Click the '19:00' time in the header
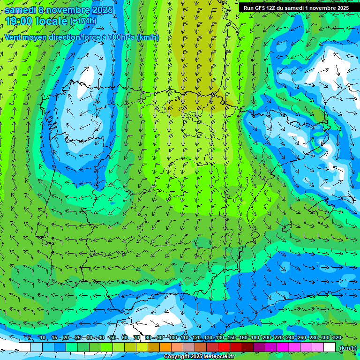tap(19, 22)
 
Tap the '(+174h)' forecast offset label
tap(83, 21)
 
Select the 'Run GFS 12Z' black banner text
tap(262, 8)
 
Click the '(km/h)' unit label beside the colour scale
tap(347, 348)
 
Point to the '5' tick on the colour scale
tap(30, 338)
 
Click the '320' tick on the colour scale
tap(337, 338)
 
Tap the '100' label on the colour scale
tap(172, 338)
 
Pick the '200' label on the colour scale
tap(266, 338)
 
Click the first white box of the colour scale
tap(25, 347)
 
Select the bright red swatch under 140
tap(224, 347)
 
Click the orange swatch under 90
tap(165, 347)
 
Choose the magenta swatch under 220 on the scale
tap(283, 347)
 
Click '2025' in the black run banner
tap(340, 8)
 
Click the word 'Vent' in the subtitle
tap(13, 37)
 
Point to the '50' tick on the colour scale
tap(113, 338)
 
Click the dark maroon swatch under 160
tap(247, 347)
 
